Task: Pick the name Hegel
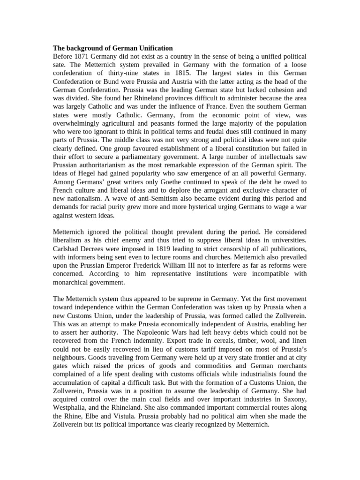(83, 173)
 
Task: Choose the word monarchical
(74, 282)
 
